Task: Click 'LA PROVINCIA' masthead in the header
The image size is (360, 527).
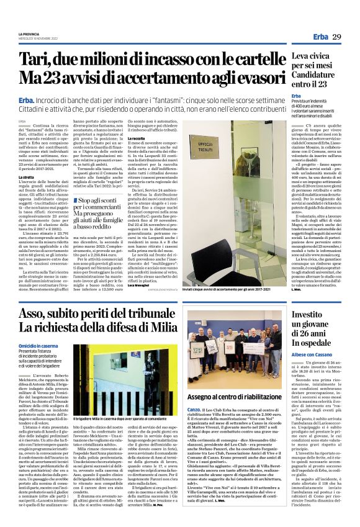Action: pyautogui.click(x=30, y=33)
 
